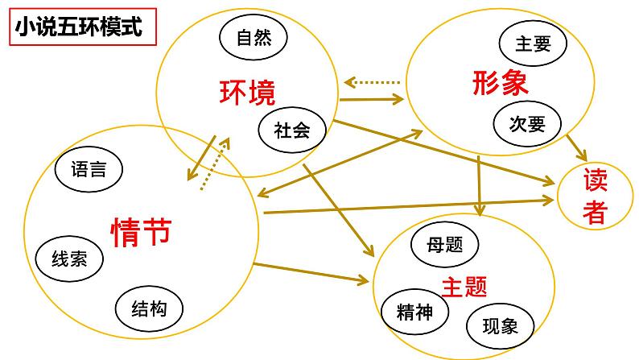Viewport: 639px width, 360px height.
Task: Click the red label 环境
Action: (x=247, y=93)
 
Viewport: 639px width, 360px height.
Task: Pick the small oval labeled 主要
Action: (x=530, y=43)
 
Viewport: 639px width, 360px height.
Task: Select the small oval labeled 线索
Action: (x=70, y=258)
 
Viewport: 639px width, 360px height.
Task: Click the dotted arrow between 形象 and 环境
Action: (x=372, y=82)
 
